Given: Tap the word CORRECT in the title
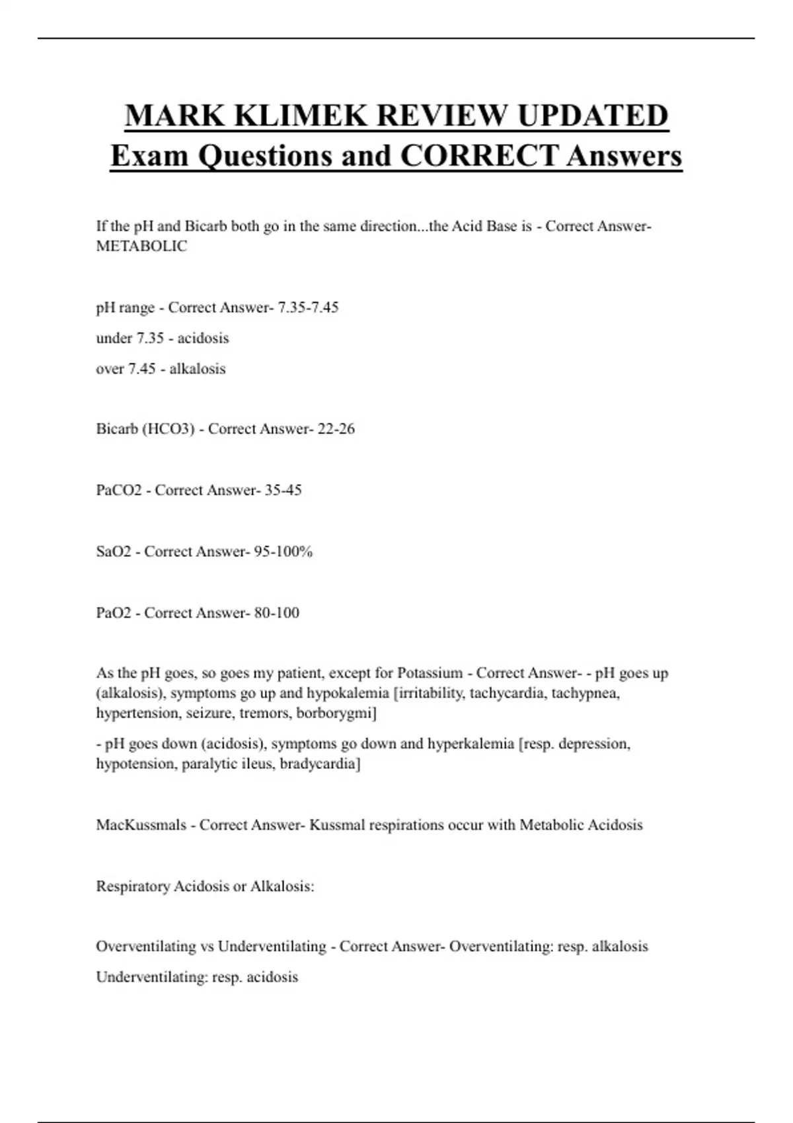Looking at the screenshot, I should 479,156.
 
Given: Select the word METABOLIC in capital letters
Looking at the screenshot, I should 141,246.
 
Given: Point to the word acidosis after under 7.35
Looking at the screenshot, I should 203,338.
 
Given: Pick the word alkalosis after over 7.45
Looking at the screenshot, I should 197,369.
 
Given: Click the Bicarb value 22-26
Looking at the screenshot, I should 336,429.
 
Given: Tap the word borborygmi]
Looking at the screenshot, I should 336,713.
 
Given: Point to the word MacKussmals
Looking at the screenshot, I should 141,825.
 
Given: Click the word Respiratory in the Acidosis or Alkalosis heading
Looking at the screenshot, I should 133,887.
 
